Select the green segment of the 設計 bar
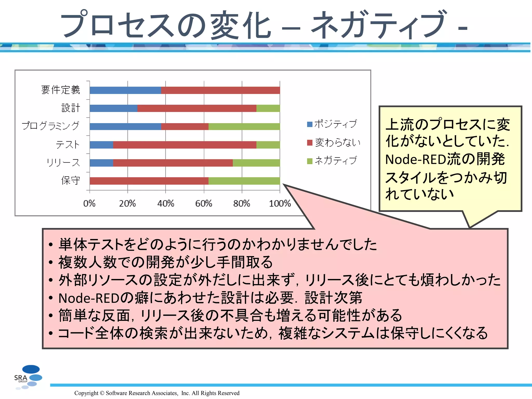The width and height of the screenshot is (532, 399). click(268, 108)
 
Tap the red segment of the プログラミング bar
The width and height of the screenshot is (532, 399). click(184, 127)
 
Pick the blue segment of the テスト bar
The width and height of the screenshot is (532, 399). click(101, 145)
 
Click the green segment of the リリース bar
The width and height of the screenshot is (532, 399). click(256, 163)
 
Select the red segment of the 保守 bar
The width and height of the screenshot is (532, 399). click(149, 181)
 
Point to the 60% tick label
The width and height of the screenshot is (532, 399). click(204, 203)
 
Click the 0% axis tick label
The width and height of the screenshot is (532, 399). click(89, 203)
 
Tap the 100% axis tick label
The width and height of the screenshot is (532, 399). click(280, 203)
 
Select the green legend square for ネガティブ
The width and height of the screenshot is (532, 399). click(310, 161)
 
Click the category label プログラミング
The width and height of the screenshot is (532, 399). click(50, 126)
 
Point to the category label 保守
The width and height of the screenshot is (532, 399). click(70, 180)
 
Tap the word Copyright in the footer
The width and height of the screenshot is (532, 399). click(86, 393)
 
